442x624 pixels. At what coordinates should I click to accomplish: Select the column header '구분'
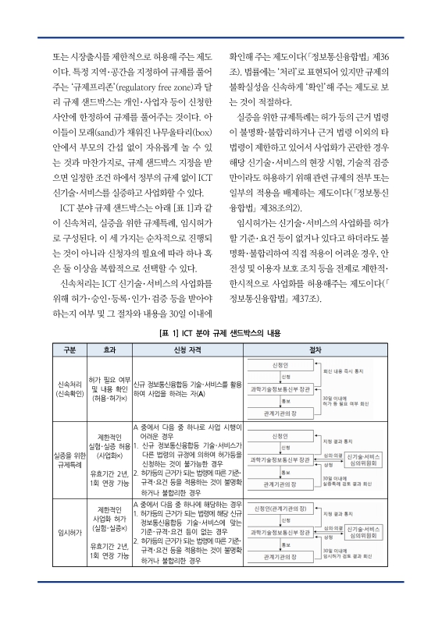(x=69, y=349)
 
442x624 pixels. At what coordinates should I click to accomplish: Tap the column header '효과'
(x=109, y=349)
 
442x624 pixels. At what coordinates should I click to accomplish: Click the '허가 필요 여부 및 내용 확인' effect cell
(x=109, y=388)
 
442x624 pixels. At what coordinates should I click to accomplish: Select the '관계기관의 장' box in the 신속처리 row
(x=280, y=412)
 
